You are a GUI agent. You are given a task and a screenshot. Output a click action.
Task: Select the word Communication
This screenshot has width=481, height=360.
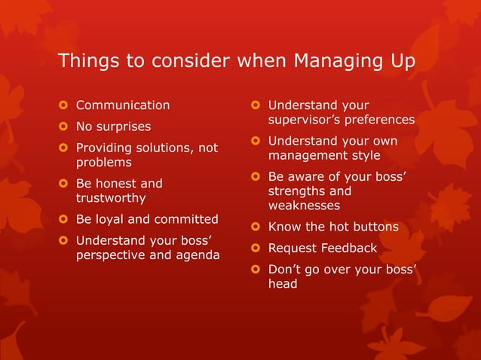pos(123,105)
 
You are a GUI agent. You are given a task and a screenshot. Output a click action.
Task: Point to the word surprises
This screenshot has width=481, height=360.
pos(124,127)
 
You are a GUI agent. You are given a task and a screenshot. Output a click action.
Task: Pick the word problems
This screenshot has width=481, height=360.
pos(103,162)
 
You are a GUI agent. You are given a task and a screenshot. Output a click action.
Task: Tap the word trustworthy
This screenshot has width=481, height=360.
pos(111,198)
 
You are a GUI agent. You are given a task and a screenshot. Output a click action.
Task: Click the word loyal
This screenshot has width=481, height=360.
pos(111,219)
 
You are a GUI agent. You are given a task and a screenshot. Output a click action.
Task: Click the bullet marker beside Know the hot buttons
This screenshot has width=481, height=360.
pos(256,227)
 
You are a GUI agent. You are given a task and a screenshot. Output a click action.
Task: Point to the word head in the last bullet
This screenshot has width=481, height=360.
pos(283,283)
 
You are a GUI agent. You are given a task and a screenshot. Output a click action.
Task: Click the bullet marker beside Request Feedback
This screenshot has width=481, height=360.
pos(256,248)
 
